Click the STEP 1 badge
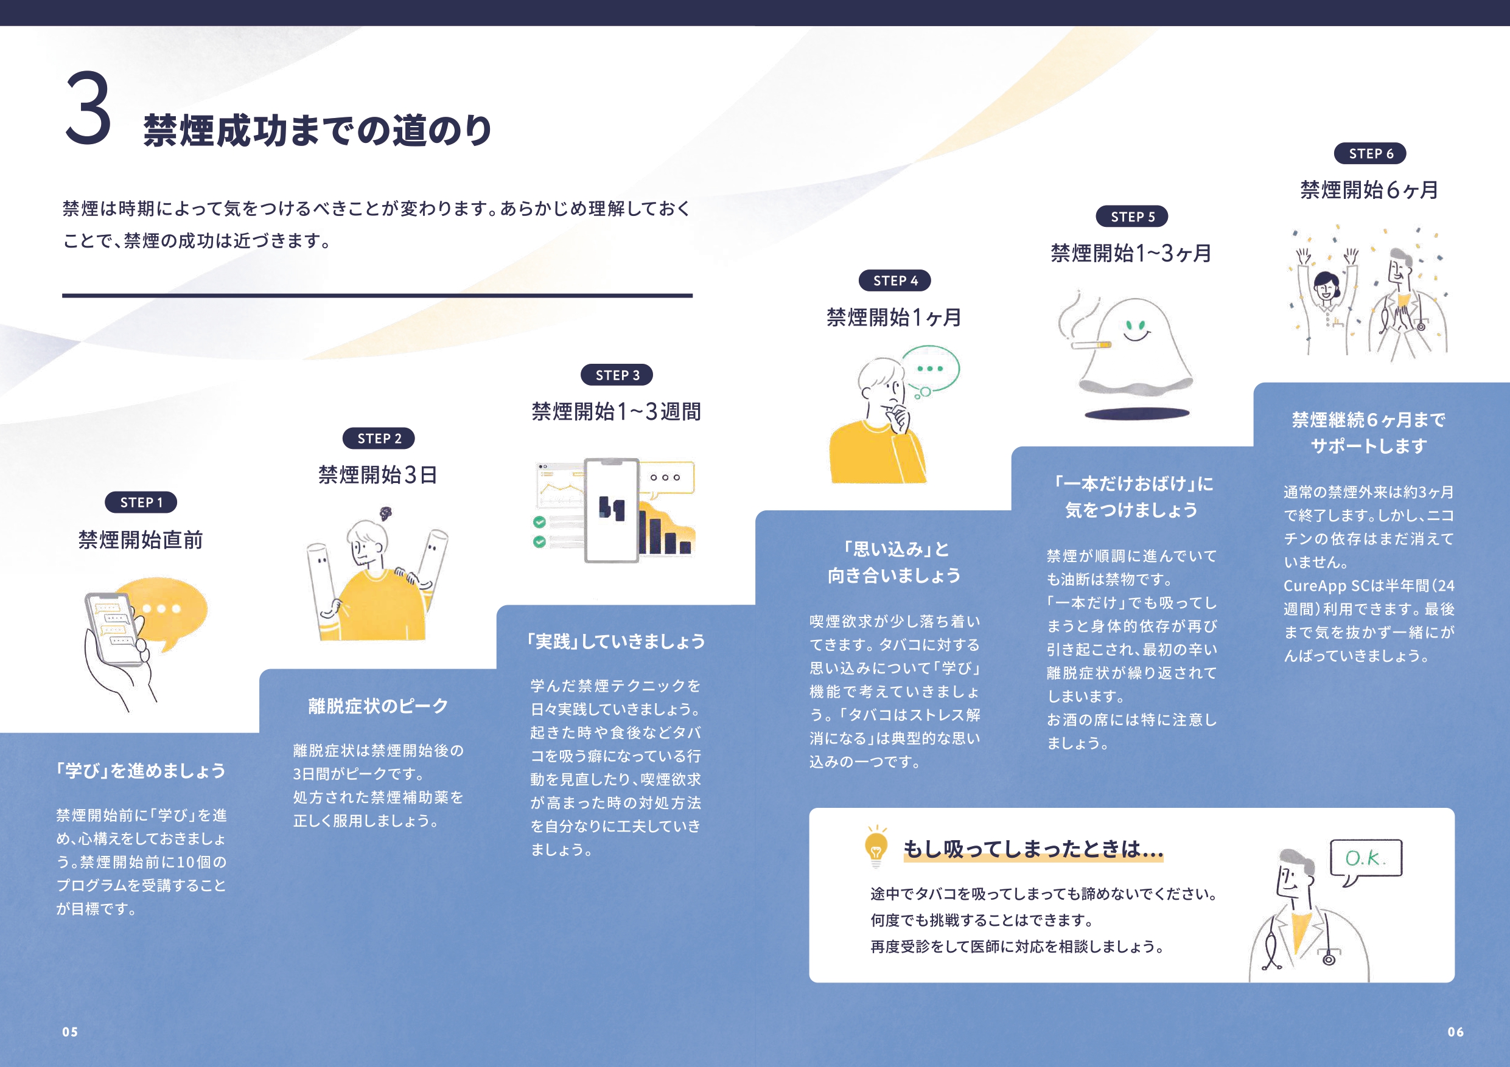pyautogui.click(x=141, y=502)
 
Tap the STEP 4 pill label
pyautogui.click(x=895, y=280)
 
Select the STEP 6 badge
pyautogui.click(x=1370, y=153)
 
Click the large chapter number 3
pyautogui.click(x=88, y=108)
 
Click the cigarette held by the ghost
pyautogui.click(x=1091, y=344)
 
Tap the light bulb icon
pyautogui.click(x=876, y=846)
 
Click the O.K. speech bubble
pyautogui.click(x=1366, y=858)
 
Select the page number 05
pyautogui.click(x=70, y=1032)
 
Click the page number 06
pyautogui.click(x=1455, y=1032)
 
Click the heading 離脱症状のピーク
pyautogui.click(x=378, y=706)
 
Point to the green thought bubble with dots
pyautogui.click(x=930, y=369)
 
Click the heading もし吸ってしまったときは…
pyautogui.click(x=1033, y=849)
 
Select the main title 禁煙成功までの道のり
pyautogui.click(x=318, y=130)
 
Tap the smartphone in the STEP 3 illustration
pyautogui.click(x=612, y=510)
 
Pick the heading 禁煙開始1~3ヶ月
pyautogui.click(x=1131, y=253)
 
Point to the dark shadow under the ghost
pyautogui.click(x=1136, y=414)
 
